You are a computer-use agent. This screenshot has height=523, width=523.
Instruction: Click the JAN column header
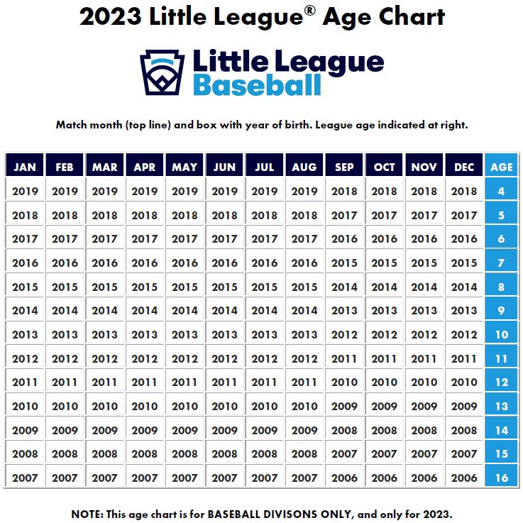pyautogui.click(x=25, y=167)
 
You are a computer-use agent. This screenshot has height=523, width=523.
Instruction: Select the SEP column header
pyautogui.click(x=344, y=167)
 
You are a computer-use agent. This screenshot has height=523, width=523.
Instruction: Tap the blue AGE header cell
pyautogui.click(x=502, y=167)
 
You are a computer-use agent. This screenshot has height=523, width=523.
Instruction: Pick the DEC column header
pyautogui.click(x=464, y=167)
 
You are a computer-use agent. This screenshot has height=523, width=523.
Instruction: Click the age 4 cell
pyautogui.click(x=502, y=191)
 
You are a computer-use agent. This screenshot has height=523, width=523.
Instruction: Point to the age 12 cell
pyautogui.click(x=502, y=382)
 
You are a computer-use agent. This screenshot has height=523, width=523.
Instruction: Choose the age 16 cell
pyautogui.click(x=502, y=478)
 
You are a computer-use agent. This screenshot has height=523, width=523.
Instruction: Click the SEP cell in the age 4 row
pyautogui.click(x=344, y=191)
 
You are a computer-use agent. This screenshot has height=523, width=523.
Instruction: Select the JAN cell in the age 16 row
pyautogui.click(x=25, y=478)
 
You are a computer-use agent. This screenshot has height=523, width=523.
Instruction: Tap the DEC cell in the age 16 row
pyautogui.click(x=464, y=478)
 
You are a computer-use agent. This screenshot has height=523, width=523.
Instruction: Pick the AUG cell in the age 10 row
pyautogui.click(x=304, y=334)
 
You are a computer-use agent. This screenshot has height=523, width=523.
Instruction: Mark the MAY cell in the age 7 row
pyautogui.click(x=185, y=263)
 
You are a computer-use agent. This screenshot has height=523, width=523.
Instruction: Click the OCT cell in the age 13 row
pyautogui.click(x=384, y=406)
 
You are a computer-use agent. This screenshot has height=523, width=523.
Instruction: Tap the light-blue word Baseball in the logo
pyautogui.click(x=257, y=85)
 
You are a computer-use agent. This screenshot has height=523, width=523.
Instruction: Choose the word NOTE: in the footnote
pyautogui.click(x=89, y=513)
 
